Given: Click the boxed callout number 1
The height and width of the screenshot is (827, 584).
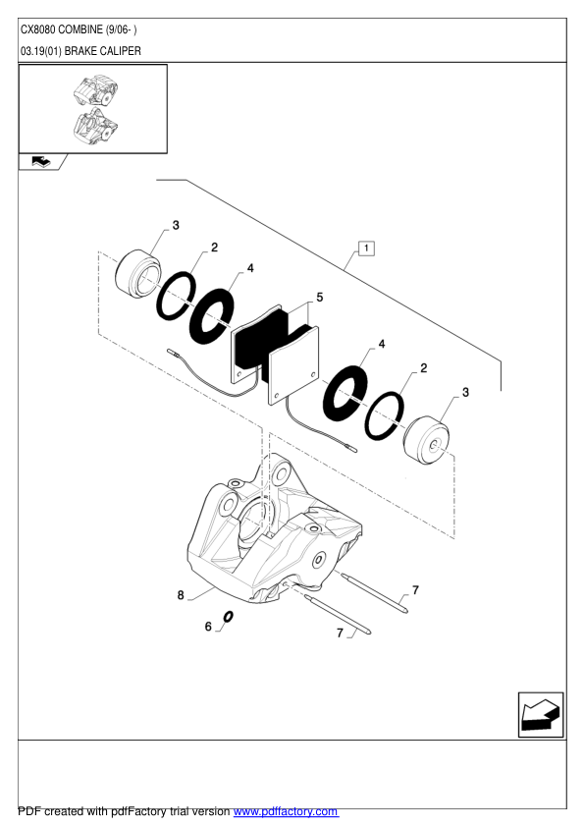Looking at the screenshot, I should click(365, 248).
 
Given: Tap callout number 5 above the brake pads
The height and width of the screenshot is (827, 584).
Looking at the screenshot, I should click(319, 296).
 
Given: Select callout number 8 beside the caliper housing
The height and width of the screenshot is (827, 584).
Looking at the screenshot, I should click(181, 594).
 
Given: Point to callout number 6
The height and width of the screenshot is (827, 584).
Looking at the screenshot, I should click(208, 626).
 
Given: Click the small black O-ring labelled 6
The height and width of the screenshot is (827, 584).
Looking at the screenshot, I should click(228, 617).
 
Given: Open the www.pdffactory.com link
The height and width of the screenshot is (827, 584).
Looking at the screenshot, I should click(286, 812).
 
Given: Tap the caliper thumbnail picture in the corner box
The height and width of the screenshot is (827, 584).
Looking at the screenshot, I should click(93, 108).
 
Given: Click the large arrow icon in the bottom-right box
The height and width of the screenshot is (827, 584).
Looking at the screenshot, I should click(540, 714).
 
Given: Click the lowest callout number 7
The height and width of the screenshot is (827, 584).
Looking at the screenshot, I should click(341, 634).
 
